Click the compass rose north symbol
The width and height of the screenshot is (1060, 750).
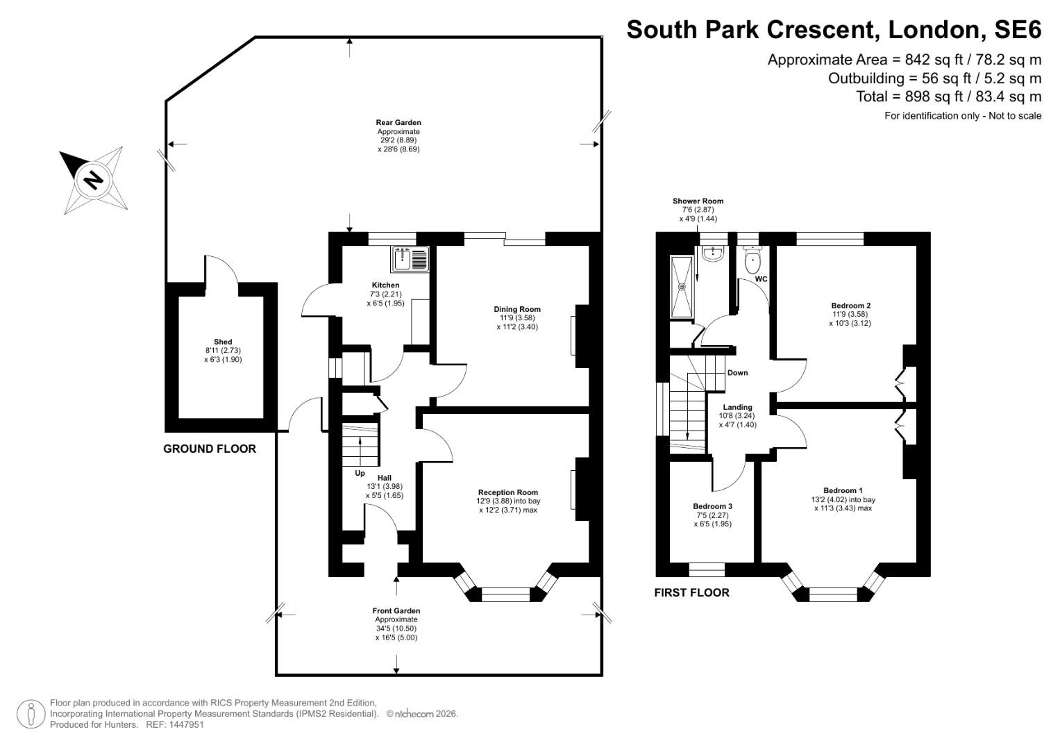tap(92, 180)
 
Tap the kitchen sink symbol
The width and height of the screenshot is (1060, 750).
tap(411, 258)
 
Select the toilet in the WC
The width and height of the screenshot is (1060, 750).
tap(752, 262)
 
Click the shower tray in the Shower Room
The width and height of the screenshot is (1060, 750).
tap(682, 287)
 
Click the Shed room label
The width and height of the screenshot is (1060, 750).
tap(223, 342)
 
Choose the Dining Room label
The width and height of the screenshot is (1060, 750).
tap(516, 309)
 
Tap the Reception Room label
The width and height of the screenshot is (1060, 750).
tap(507, 492)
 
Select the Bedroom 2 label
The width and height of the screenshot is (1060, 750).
tap(850, 306)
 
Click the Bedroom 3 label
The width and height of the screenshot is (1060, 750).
tap(712, 506)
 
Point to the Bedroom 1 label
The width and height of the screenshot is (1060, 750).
tap(843, 490)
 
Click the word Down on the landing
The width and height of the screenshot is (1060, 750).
tap(737, 373)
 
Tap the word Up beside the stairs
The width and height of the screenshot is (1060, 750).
tap(360, 473)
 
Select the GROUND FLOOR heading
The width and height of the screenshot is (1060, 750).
tap(210, 449)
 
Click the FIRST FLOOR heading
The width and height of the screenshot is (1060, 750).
tap(691, 592)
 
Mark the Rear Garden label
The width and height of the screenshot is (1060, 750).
tap(398, 123)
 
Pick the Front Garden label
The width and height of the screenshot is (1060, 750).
tap(396, 611)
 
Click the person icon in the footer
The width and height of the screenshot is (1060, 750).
tap(31, 714)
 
